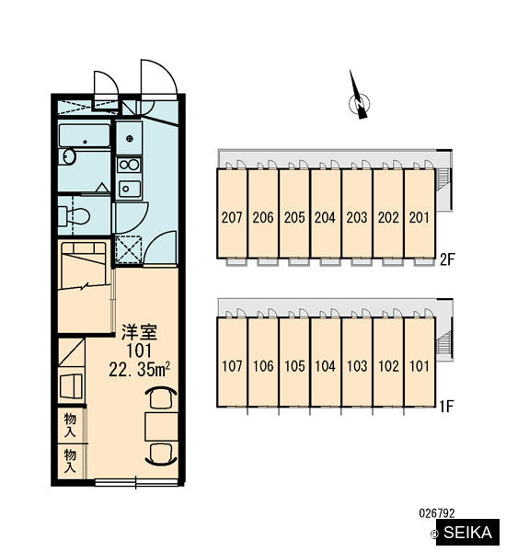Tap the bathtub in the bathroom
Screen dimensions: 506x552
tap(85, 135)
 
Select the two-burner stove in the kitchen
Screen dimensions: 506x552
tap(129, 165)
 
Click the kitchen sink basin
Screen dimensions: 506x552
tap(129, 189)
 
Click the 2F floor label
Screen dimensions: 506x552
tap(447, 259)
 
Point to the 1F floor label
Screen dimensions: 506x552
tap(446, 407)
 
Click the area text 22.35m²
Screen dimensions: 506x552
tap(140, 370)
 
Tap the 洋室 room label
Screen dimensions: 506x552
tap(140, 332)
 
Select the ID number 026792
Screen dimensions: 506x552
tap(437, 513)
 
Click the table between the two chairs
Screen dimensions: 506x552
tap(161, 426)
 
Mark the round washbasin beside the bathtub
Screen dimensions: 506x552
tap(69, 156)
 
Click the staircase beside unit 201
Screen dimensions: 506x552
tap(443, 179)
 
